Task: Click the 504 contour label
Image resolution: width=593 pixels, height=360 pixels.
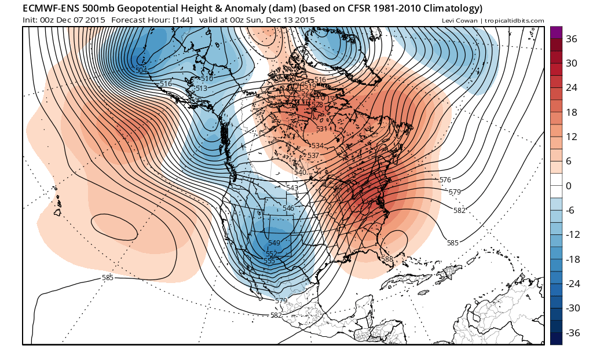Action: point(141,71)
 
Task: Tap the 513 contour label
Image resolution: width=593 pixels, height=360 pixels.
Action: point(202,89)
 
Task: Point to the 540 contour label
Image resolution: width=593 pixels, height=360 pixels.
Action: point(300,172)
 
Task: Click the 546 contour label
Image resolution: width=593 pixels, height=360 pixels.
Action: point(288,208)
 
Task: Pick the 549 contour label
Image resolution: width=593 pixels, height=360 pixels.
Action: point(274,243)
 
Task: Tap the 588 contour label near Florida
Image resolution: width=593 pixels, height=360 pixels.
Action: point(387,259)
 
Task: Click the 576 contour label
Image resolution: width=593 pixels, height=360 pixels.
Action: point(445,180)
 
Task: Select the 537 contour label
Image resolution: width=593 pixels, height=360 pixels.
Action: point(313,156)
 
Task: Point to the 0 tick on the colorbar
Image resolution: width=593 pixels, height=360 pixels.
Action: point(569,186)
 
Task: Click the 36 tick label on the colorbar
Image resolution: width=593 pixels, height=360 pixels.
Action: point(571,39)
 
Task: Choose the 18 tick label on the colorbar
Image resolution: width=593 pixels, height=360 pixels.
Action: point(571,112)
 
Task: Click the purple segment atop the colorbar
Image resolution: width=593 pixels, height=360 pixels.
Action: point(556,32)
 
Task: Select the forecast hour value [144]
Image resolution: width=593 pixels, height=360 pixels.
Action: point(181,20)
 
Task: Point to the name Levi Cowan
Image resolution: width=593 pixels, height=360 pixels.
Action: point(460,21)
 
